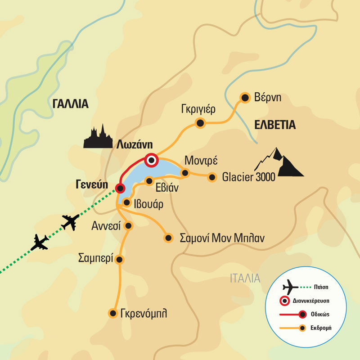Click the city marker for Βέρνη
pos(245,98)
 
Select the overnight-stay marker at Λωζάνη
pos(152,160)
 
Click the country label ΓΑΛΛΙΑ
pos(70,104)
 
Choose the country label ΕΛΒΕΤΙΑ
pos(274,125)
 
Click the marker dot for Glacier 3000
pos(212,177)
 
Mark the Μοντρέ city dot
pos(184,173)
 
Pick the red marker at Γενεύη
pos(120,188)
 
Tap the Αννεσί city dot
pos(129,225)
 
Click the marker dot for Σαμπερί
pos(120,259)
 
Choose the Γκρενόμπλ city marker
pos(113,313)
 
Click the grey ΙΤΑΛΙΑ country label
pos(245,278)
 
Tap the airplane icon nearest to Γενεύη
pos(70,222)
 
